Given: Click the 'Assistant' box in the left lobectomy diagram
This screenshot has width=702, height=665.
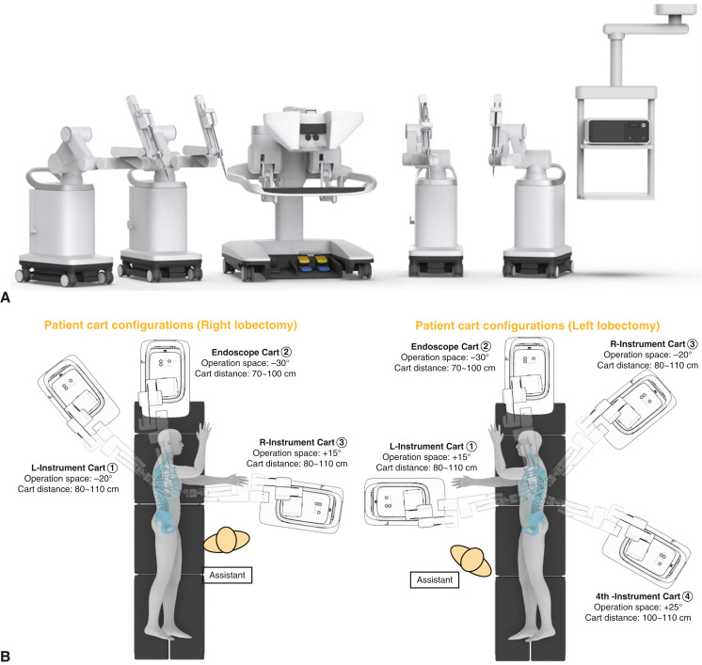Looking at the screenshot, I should point(427,580).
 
